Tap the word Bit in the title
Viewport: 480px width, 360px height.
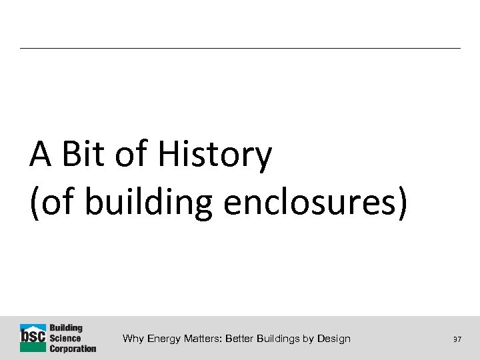85,155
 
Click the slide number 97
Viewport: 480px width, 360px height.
457,340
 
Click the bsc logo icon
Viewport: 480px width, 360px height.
33,338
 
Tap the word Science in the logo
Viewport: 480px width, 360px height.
65,339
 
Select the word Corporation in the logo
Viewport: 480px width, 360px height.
73,348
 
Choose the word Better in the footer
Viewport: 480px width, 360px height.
241,339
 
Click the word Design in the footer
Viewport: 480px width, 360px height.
335,339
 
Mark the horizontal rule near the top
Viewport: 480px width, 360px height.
240,48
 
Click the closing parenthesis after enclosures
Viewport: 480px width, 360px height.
399,203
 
